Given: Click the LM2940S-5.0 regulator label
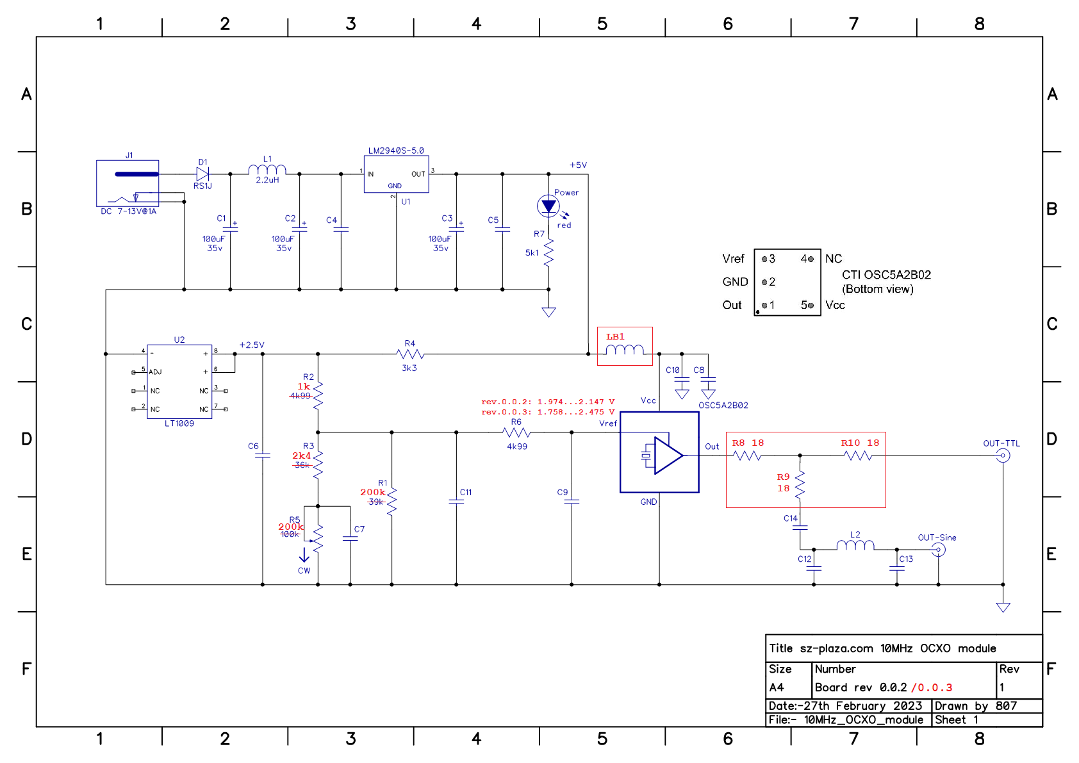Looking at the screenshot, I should point(396,151).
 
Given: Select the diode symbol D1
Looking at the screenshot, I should point(202,174).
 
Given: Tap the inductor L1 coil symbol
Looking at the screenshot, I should point(267,170).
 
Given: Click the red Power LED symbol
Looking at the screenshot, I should point(548,206).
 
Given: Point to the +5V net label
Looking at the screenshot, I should point(578,165).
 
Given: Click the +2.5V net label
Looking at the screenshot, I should point(252,345).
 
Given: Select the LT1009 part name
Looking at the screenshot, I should point(179,423).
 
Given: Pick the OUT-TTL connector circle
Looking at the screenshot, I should point(1003,455).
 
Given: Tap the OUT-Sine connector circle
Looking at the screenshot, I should point(938,550).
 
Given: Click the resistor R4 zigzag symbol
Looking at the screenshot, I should point(410,354).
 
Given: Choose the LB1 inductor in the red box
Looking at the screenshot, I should point(625,350).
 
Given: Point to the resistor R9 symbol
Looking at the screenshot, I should point(800,486).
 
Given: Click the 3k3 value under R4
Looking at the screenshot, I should point(409,368).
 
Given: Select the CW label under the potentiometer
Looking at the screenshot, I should point(304,571).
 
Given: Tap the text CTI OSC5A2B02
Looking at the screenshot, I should point(886,275).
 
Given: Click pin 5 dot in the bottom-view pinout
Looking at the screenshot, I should point(811,306).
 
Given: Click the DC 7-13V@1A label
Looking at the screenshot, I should point(128,211).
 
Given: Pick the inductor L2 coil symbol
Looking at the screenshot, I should point(855,545).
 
